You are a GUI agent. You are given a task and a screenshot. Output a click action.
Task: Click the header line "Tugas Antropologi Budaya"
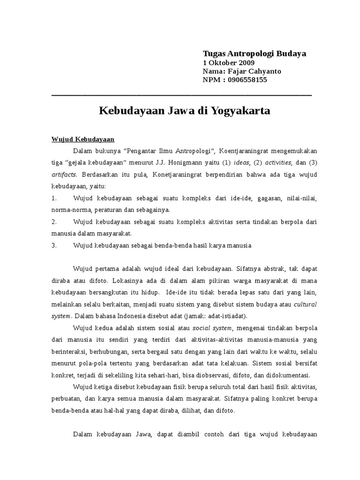point(254,53)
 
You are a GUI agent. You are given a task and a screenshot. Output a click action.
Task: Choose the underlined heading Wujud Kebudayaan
point(82,139)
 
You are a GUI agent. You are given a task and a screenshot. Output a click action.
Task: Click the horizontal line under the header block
point(181,95)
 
